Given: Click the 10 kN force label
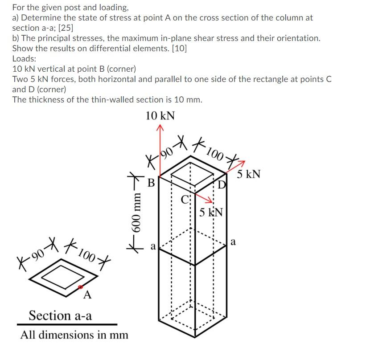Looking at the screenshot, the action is (160, 116).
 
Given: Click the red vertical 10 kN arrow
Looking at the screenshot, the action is (160, 151).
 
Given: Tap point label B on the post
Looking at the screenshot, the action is (151, 183).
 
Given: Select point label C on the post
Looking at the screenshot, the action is (185, 200).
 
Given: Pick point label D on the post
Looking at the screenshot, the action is (222, 184).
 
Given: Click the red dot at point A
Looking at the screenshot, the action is (80, 287).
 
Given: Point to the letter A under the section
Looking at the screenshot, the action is (87, 295).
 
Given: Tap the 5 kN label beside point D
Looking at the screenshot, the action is (248, 174).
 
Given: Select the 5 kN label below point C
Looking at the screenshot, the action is (211, 212).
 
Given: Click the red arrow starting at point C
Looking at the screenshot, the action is (203, 198).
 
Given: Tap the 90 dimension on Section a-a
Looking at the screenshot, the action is (38, 254).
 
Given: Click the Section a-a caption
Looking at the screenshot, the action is (60, 315).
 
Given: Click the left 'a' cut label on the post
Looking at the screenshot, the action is (153, 246).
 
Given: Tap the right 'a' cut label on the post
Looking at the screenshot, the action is (233, 241).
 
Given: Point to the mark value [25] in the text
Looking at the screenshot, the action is (66, 28).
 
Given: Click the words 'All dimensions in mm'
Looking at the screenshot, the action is (74, 335).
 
